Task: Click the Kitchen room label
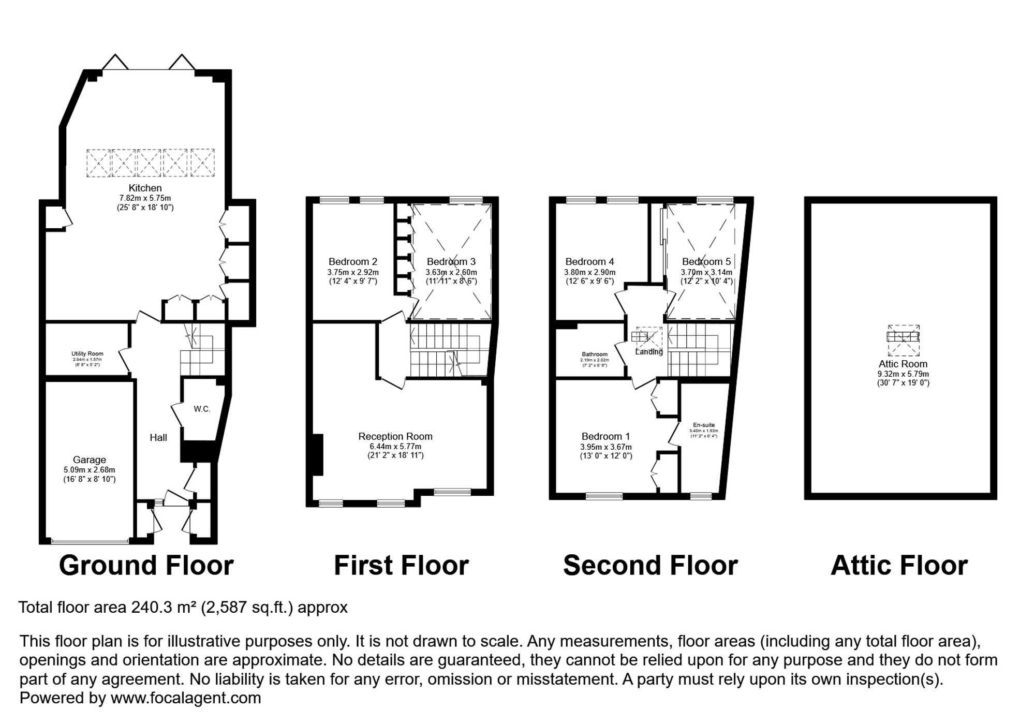point(145,188)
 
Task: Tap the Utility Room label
point(87,354)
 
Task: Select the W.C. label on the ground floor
point(202,409)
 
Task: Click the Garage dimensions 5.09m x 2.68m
point(90,470)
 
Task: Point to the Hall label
point(158,438)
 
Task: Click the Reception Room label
point(395,436)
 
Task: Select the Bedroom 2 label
point(353,262)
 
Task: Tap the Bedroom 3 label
point(451,262)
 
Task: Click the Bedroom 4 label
point(590,262)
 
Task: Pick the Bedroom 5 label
point(706,262)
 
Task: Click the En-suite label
point(704,425)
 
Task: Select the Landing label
point(649,352)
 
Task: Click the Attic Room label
point(903,364)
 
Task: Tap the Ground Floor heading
point(146,565)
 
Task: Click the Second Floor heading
point(650,565)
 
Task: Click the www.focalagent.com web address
point(186,698)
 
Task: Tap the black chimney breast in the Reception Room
point(317,454)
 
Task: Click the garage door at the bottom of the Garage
point(90,542)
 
